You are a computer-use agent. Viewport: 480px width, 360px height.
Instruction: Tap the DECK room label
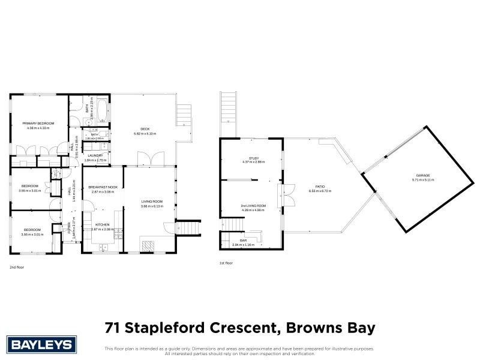click(145, 129)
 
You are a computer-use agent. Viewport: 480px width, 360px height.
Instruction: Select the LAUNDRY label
click(95, 156)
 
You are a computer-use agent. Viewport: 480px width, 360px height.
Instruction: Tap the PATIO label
click(320, 187)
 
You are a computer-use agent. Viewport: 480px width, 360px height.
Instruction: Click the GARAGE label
click(418, 175)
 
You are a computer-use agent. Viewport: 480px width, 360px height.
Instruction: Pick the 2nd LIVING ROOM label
click(253, 206)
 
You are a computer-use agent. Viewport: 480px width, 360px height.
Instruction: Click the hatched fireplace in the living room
click(148, 244)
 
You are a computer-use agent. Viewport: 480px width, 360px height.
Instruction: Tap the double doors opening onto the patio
click(287, 194)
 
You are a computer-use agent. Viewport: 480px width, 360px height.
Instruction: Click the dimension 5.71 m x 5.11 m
click(418, 179)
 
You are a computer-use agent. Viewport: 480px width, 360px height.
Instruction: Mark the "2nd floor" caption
click(17, 266)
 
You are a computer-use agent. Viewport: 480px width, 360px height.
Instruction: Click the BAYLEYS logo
click(41, 345)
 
